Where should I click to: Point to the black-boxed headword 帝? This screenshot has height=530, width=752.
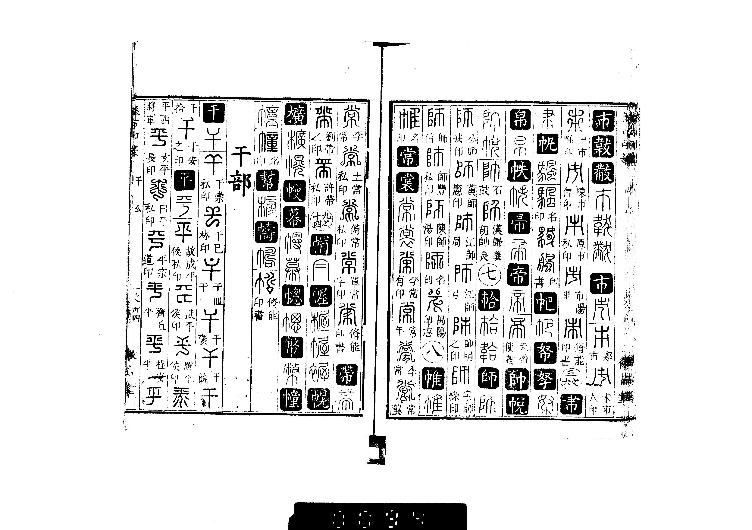518,275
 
